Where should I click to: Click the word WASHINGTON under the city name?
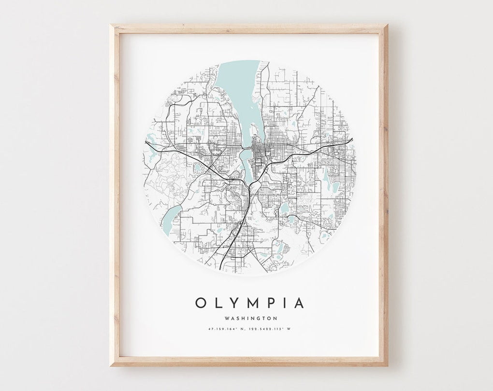click(x=250, y=318)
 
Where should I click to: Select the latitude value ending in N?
click(x=225, y=330)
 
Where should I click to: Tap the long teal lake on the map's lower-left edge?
click(x=172, y=218)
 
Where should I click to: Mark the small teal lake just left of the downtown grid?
click(x=199, y=168)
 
